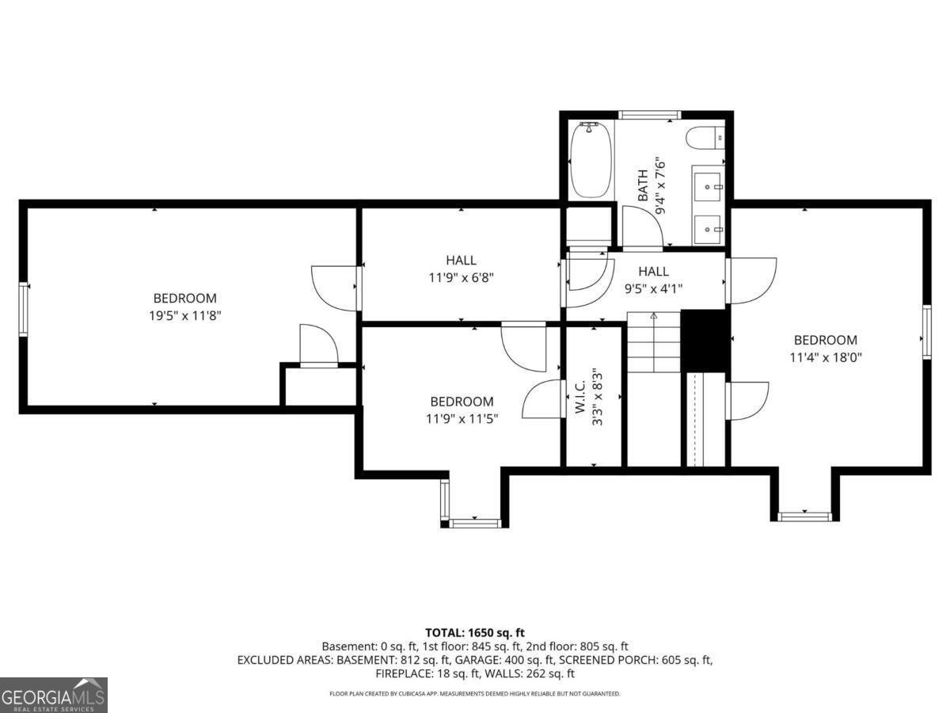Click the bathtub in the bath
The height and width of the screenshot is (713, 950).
click(x=591, y=160)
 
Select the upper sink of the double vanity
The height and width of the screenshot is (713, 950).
click(x=707, y=187)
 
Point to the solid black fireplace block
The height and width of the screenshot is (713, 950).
click(x=705, y=339)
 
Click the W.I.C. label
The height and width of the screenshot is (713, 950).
click(x=580, y=396)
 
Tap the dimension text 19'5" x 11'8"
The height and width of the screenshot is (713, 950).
click(x=184, y=315)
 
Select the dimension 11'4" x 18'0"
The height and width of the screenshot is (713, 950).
click(x=826, y=356)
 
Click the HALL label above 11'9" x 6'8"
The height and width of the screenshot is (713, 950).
click(x=461, y=260)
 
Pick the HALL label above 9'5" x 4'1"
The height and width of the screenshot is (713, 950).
click(x=653, y=271)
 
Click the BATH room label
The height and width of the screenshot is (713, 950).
click(x=643, y=184)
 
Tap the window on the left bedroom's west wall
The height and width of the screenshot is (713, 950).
click(x=25, y=309)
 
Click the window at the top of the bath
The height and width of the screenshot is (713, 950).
click(x=649, y=115)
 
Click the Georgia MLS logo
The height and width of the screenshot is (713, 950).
click(x=54, y=695)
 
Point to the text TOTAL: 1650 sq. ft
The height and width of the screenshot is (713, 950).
click(x=475, y=632)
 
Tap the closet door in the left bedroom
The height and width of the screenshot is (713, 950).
click(x=319, y=346)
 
